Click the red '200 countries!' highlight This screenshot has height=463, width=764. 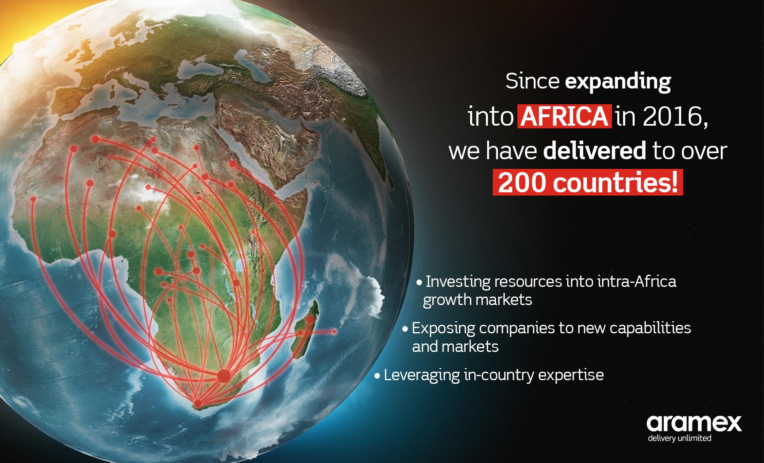coord(587,183)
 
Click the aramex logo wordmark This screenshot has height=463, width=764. coord(694,423)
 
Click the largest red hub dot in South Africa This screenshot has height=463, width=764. coord(223,376)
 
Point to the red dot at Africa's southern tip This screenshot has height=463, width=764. coord(198,403)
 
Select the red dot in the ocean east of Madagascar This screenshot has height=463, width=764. coord(334,332)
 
